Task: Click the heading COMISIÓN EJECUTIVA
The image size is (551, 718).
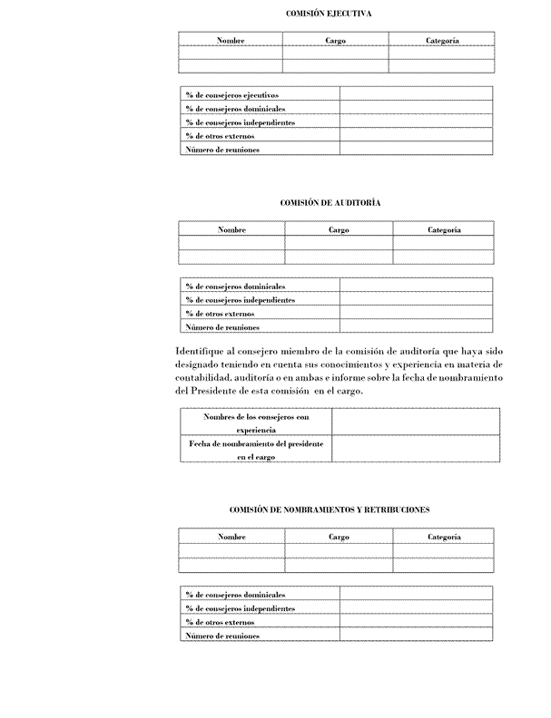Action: pyautogui.click(x=329, y=14)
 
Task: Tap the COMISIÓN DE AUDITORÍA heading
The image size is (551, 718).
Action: pyautogui.click(x=330, y=202)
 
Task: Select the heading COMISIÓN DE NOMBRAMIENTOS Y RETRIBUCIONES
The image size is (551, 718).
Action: pyautogui.click(x=330, y=510)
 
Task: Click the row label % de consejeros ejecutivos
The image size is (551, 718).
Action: pyautogui.click(x=231, y=94)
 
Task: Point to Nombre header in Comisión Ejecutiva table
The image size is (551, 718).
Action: pyautogui.click(x=231, y=41)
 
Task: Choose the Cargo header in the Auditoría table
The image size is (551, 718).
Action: pyautogui.click(x=339, y=230)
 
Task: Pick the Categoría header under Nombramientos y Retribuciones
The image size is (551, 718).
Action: pyautogui.click(x=444, y=538)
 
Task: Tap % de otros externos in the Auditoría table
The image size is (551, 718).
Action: pyautogui.click(x=219, y=314)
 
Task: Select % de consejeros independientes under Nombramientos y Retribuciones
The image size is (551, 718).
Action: pyautogui.click(x=240, y=608)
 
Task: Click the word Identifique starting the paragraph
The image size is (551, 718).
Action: pyautogui.click(x=201, y=351)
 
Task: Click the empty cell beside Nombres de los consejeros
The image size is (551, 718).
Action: pyautogui.click(x=415, y=422)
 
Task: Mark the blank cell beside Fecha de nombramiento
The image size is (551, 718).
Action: pyautogui.click(x=415, y=450)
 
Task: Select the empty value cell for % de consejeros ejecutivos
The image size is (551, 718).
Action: pyautogui.click(x=416, y=94)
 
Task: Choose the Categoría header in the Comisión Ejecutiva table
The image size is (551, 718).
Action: pyautogui.click(x=442, y=41)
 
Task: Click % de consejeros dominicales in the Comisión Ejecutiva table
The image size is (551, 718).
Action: pyautogui.click(x=229, y=108)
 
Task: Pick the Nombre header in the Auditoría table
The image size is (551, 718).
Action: pyautogui.click(x=232, y=230)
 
